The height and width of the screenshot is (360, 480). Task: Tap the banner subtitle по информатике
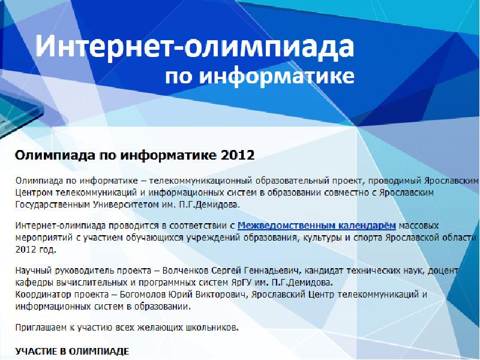(259, 77)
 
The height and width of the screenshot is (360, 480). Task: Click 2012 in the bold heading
(238, 155)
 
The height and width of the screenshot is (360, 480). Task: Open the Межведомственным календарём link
(317, 226)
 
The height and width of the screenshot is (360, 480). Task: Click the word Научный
(33, 271)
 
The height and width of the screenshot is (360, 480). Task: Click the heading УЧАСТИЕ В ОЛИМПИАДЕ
(72, 350)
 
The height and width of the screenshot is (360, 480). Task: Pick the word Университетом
(125, 204)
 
